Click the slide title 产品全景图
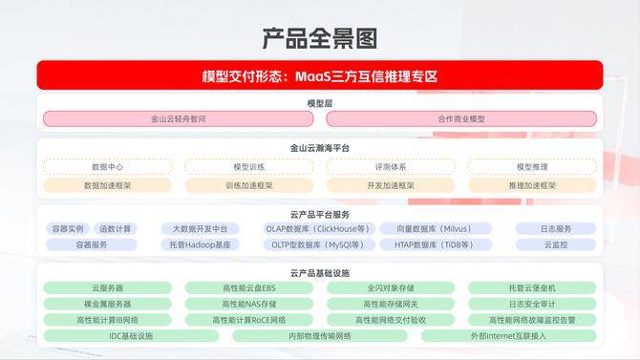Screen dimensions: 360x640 pos(320,38)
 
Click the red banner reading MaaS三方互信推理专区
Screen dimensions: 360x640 pos(320,75)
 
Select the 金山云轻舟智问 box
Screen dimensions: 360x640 pos(179,119)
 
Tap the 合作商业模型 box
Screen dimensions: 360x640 pos(461,119)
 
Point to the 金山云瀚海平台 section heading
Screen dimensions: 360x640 pos(320,148)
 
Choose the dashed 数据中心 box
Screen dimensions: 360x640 pos(107,167)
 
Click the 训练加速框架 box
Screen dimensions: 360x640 pos(249,185)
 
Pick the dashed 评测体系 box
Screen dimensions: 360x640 pos(391,167)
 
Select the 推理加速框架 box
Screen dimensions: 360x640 pos(532,185)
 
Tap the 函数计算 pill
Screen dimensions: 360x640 pos(116,229)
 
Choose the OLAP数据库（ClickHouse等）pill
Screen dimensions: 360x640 pos(320,229)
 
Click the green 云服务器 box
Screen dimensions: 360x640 pos(107,287)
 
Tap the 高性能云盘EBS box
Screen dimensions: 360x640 pos(249,287)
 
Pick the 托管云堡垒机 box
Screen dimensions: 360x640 pos(532,287)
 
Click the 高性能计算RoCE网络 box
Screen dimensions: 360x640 pos(249,320)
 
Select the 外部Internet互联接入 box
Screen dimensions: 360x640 pos(509,336)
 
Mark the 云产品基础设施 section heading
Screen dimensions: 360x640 pos(320,273)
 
